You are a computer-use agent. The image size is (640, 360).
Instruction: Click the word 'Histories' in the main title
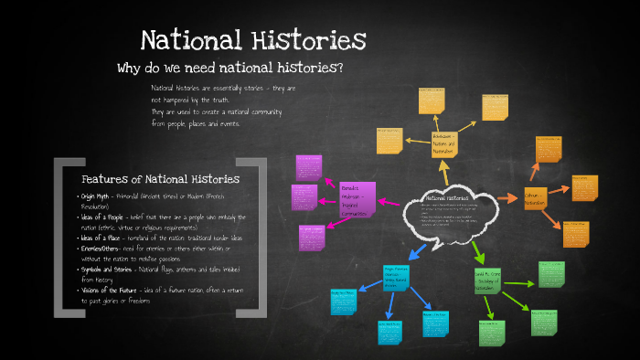pos(307,41)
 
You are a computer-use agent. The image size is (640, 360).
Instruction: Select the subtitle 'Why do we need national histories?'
pos(229,69)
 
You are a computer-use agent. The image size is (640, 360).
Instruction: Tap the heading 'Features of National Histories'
pos(160,179)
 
